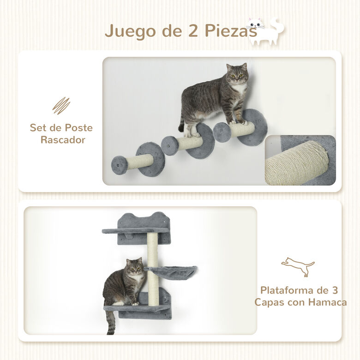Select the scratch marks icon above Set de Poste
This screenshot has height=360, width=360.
(61, 106)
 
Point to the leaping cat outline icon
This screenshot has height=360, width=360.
(298, 267)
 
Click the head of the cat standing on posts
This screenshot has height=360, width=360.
(237, 74)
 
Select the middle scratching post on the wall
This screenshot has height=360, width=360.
(189, 143)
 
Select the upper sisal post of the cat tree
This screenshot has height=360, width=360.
(153, 249)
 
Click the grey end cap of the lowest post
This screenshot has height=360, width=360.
(120, 165)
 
